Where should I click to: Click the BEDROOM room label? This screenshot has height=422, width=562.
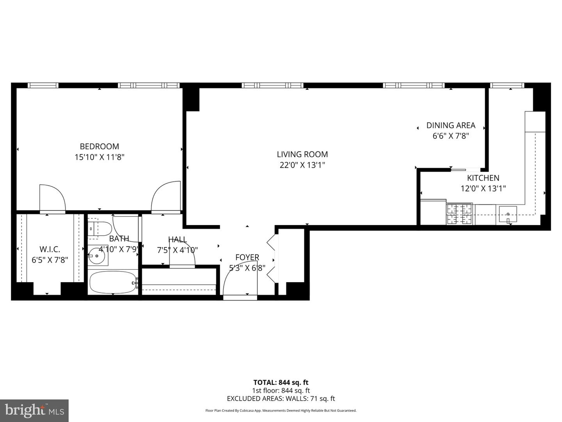click(99, 147)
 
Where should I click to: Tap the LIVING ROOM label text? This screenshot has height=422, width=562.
click(302, 154)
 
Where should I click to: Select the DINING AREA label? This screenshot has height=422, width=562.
click(450, 125)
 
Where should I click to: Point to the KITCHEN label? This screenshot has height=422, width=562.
click(483, 178)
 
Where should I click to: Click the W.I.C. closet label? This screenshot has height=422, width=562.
click(50, 249)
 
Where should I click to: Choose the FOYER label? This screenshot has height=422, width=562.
click(247, 257)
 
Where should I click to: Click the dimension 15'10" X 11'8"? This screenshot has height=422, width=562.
click(99, 157)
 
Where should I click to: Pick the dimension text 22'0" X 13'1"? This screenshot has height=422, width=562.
click(302, 165)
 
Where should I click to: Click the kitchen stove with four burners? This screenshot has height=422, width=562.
click(459, 215)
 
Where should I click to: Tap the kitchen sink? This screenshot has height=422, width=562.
click(507, 215)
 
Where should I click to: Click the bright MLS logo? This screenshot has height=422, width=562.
click(34, 410)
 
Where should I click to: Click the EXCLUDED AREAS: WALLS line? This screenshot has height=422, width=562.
click(281, 399)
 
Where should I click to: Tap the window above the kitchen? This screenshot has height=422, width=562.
click(507, 85)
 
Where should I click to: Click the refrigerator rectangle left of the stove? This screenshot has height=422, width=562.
click(433, 212)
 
